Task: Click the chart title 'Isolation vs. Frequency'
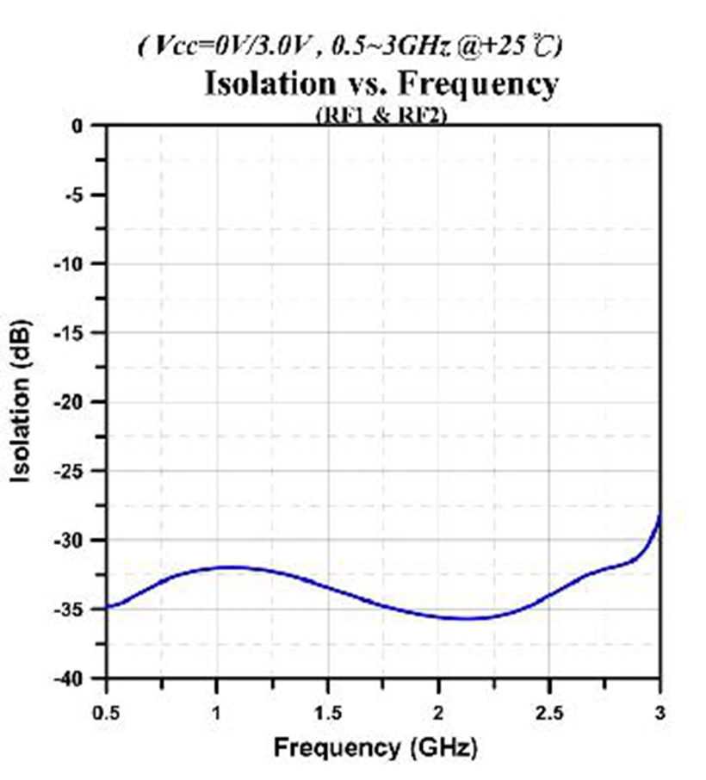381,84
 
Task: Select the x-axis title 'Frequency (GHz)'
375,747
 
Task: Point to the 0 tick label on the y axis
81,126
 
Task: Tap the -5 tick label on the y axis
77,195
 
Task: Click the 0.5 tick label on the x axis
107,712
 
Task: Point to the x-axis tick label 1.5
328,712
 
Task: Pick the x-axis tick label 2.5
549,712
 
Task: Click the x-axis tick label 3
660,712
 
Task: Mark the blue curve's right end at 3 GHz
659,517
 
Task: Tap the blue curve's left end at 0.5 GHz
108,608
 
